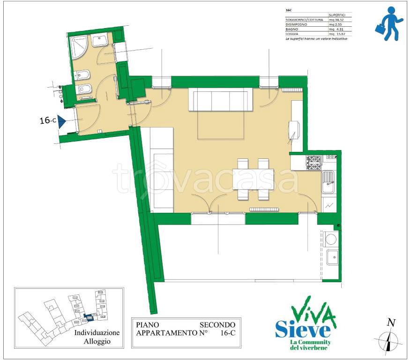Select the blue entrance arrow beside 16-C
coord(60,121)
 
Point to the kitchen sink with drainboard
coord(329,181)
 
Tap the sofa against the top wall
coord(218,100)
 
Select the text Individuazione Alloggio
coord(97,337)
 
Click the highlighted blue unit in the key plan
coord(88,317)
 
